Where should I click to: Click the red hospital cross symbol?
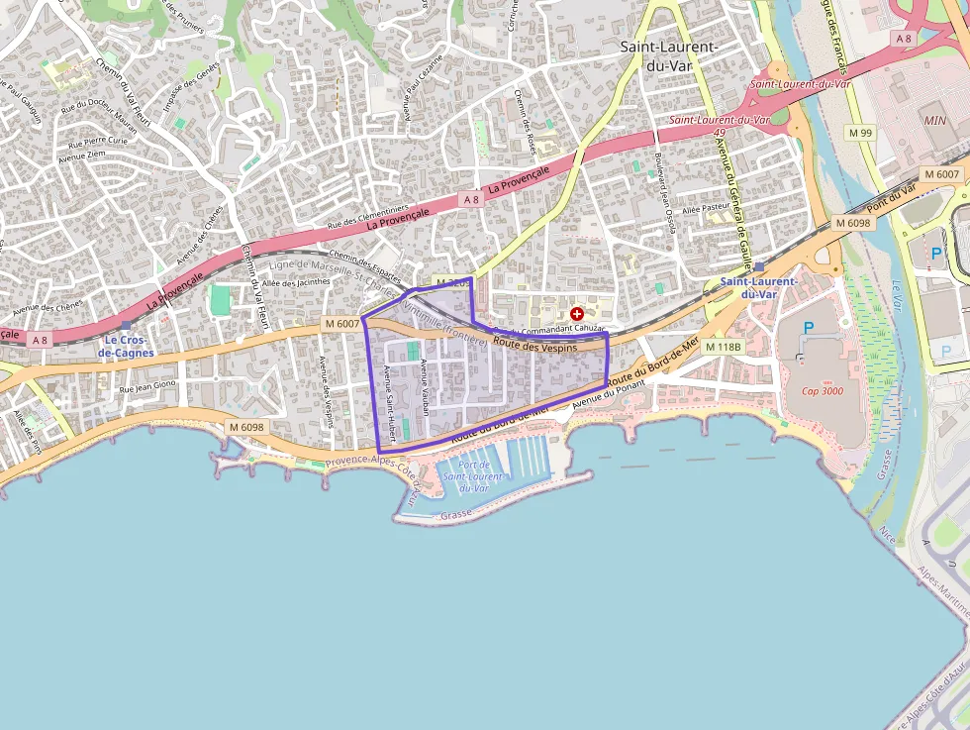coord(576,313)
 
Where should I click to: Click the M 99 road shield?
coord(860,133)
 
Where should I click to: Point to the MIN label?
coord(934,120)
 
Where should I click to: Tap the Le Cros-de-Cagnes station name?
coord(126,346)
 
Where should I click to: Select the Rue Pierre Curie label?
coord(92,142)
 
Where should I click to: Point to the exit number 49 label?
coord(720,132)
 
